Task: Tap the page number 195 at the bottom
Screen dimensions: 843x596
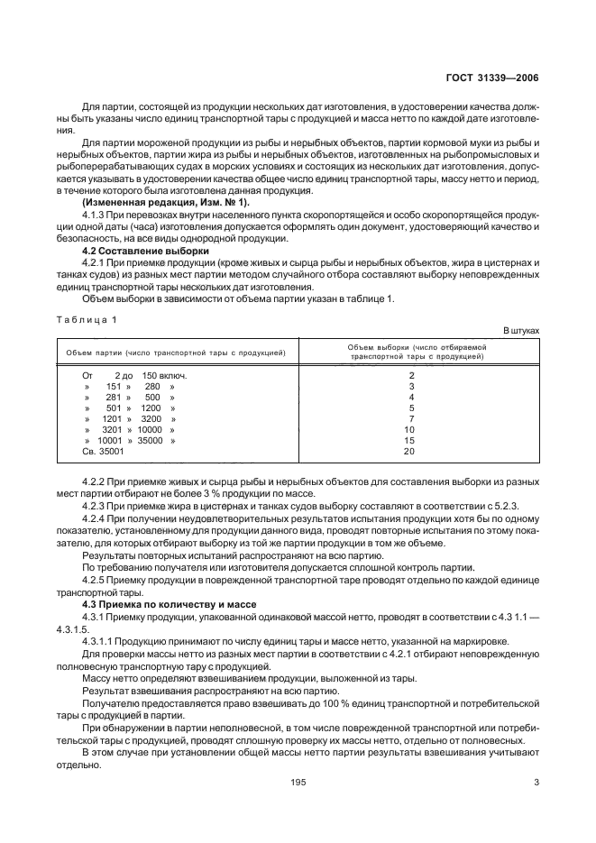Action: pyautogui.click(x=298, y=782)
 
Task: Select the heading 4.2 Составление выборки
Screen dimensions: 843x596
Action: pyautogui.click(x=144, y=251)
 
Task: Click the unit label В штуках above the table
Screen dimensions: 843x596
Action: pyautogui.click(x=520, y=331)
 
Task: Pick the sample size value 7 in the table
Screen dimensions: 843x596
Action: pyautogui.click(x=411, y=419)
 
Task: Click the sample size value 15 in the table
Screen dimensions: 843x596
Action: pyautogui.click(x=409, y=440)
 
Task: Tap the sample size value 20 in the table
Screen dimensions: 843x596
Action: pyautogui.click(x=409, y=451)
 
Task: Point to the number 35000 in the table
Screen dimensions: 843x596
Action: pyautogui.click(x=151, y=440)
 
